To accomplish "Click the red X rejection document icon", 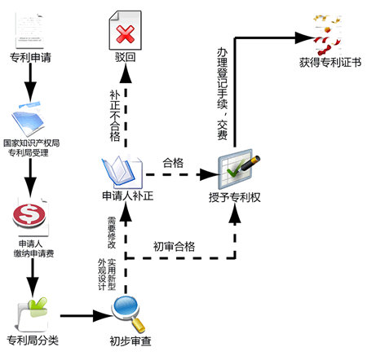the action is point(125,30).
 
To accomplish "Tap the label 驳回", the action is point(126,57).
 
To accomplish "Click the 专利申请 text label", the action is point(30,57).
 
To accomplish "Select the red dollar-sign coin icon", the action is point(29,214).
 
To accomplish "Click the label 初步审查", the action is point(130,341).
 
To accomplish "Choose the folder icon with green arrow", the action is point(33,314).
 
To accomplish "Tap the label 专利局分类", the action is point(33,340).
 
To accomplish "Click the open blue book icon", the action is point(122,172).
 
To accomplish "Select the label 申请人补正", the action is point(128,195).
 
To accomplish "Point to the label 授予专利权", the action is point(235,197).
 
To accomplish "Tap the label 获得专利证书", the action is point(330,63).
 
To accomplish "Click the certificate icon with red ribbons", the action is point(327,34).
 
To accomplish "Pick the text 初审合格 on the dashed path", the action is point(174,247).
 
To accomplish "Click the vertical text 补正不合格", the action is point(115,116).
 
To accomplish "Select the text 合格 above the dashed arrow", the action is point(173,163).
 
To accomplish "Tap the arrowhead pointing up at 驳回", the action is point(126,74).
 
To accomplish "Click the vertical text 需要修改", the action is point(112,233).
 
